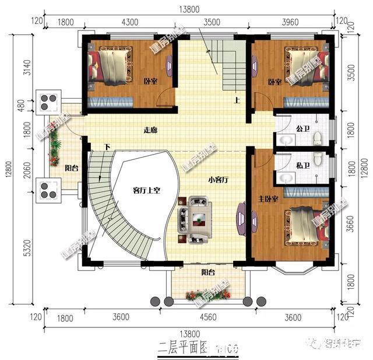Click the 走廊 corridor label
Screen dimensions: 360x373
pos(150,130)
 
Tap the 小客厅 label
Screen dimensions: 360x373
pos(217,179)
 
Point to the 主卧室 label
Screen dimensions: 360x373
pos(268,200)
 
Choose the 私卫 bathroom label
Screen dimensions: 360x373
pos(302,166)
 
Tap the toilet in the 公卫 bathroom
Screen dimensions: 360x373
pos(318,138)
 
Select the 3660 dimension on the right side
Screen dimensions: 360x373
pos(350,224)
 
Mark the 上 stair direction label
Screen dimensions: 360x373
pos(237,100)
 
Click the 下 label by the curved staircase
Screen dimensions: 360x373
pos(107,146)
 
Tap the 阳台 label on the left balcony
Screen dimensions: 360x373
pos(72,168)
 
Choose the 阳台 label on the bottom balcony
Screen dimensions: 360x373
pos(209,272)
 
